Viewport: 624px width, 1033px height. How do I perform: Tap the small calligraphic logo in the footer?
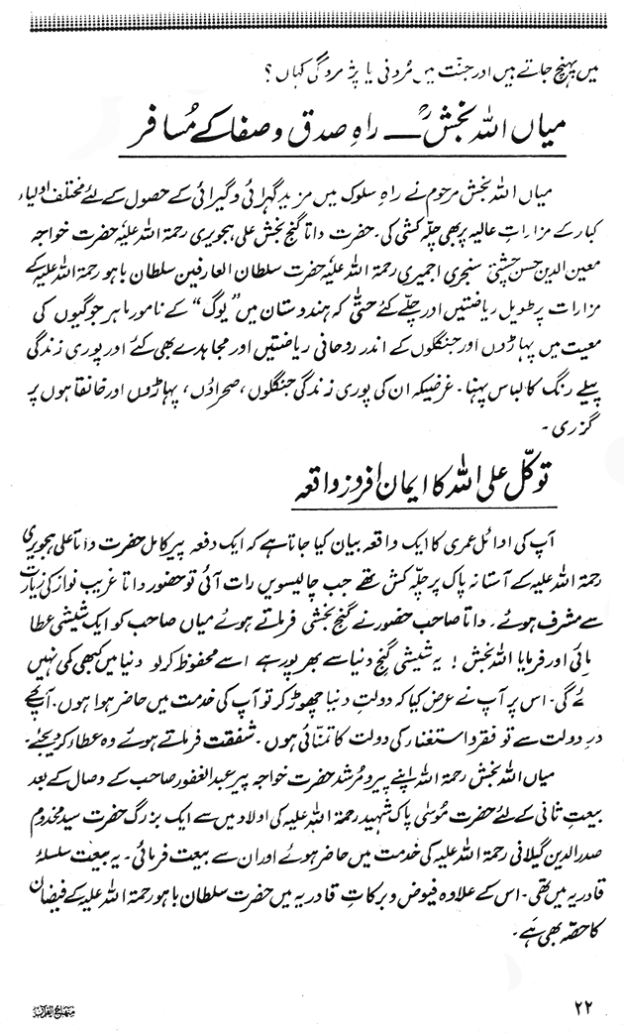pos(58,1011)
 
